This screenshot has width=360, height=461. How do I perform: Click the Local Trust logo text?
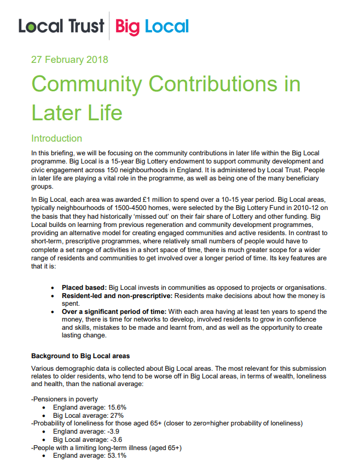(x=61, y=26)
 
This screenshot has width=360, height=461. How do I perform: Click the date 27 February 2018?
(x=69, y=60)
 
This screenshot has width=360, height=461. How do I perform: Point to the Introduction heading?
(x=57, y=138)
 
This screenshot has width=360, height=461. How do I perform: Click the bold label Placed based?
(x=84, y=288)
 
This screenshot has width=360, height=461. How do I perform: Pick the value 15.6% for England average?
(x=119, y=407)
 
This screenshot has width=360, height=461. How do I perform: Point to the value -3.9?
(x=117, y=431)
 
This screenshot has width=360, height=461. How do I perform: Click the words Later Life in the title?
(x=77, y=112)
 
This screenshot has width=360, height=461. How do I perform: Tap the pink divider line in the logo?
(x=109, y=26)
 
